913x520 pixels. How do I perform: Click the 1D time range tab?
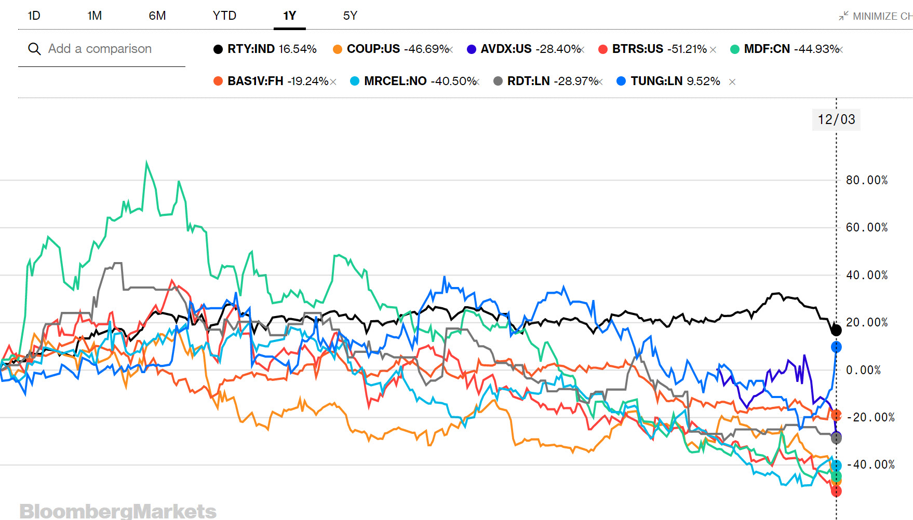pyautogui.click(x=34, y=16)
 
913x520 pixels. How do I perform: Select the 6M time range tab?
pyautogui.click(x=157, y=16)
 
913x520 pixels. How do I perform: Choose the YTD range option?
pyautogui.click(x=224, y=16)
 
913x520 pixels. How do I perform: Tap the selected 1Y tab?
pyautogui.click(x=289, y=16)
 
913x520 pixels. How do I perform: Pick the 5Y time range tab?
pyautogui.click(x=350, y=16)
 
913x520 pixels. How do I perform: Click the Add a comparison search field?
pyautogui.click(x=100, y=49)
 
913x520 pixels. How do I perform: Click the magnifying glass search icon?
pyautogui.click(x=34, y=49)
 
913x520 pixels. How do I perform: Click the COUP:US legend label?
pyautogui.click(x=373, y=49)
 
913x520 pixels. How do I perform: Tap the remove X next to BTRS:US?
pyautogui.click(x=713, y=50)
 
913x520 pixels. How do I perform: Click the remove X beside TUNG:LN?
pyautogui.click(x=732, y=82)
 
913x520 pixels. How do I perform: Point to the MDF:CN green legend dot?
pyautogui.click(x=735, y=49)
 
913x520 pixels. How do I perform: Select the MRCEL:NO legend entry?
pyautogui.click(x=395, y=81)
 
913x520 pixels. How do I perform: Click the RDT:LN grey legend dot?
pyautogui.click(x=498, y=81)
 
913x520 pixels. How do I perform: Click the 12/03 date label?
pyautogui.click(x=836, y=119)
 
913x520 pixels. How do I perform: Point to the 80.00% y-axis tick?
pyautogui.click(x=867, y=180)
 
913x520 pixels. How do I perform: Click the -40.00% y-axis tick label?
pyautogui.click(x=870, y=464)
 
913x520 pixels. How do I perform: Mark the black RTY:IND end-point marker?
pyautogui.click(x=836, y=330)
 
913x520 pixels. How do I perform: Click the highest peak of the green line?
pyautogui.click(x=147, y=162)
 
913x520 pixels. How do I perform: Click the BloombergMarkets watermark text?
pyautogui.click(x=118, y=511)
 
